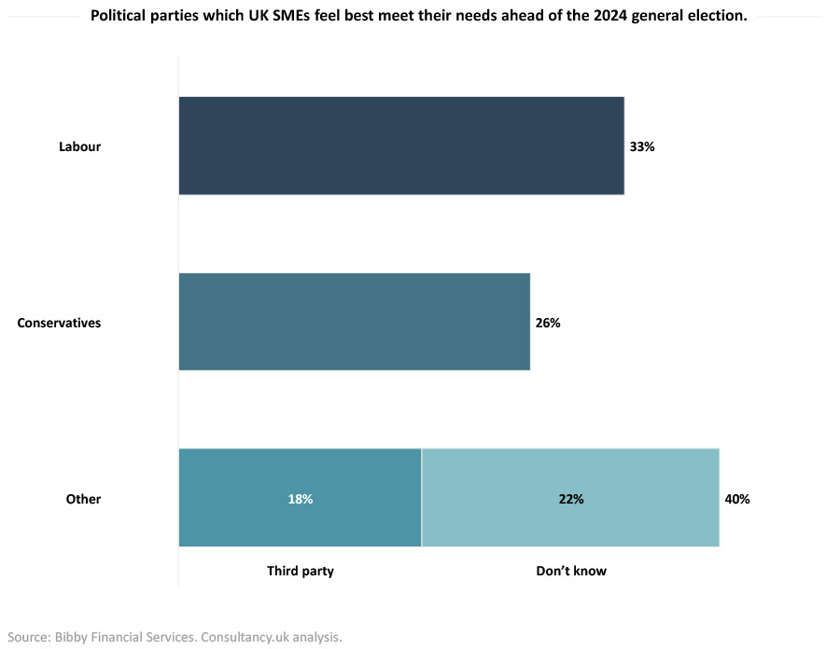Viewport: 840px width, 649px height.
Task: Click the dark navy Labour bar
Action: coord(401,146)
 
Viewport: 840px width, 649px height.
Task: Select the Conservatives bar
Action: coord(355,322)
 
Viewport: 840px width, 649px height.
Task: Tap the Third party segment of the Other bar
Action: coord(300,498)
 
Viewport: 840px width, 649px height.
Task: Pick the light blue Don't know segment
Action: coord(570,498)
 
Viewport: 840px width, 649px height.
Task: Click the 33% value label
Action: coord(642,147)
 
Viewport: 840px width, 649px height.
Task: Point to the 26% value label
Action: coord(548,324)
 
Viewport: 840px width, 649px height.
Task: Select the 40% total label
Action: coord(737,499)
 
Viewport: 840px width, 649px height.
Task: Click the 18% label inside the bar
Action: coord(301,499)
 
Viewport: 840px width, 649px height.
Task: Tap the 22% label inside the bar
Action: coord(571,499)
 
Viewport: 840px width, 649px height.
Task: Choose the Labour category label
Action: coord(79,147)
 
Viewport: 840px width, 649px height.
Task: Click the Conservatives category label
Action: coord(59,324)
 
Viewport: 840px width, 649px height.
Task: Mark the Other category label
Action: coord(83,499)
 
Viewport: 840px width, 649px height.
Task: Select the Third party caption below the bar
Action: coord(300,571)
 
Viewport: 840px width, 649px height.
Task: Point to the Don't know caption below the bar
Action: coord(570,571)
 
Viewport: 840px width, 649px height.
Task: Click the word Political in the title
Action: coord(121,16)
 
